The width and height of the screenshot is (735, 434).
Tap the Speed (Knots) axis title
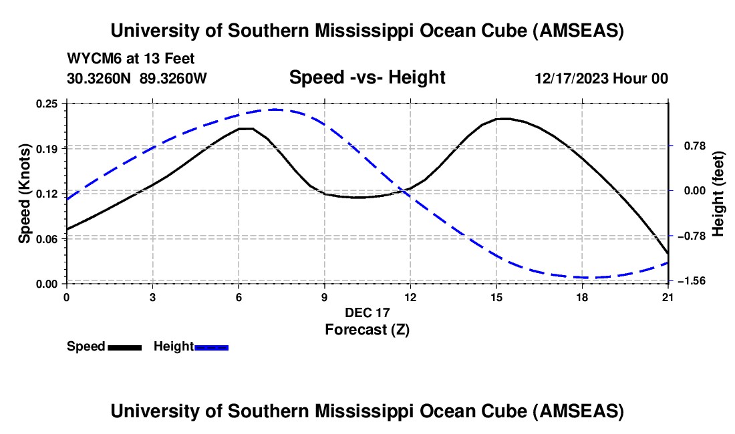pyautogui.click(x=25, y=193)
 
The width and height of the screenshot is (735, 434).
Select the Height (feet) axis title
pyautogui.click(x=718, y=193)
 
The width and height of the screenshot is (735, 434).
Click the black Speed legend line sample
pyautogui.click(x=124, y=347)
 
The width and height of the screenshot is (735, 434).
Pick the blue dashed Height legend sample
pyautogui.click(x=211, y=347)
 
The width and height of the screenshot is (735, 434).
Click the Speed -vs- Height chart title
pyautogui.click(x=367, y=77)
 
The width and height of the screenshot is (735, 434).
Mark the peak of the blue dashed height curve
pyautogui.click(x=275, y=110)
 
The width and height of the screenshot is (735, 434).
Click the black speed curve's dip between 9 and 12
pyautogui.click(x=357, y=198)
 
